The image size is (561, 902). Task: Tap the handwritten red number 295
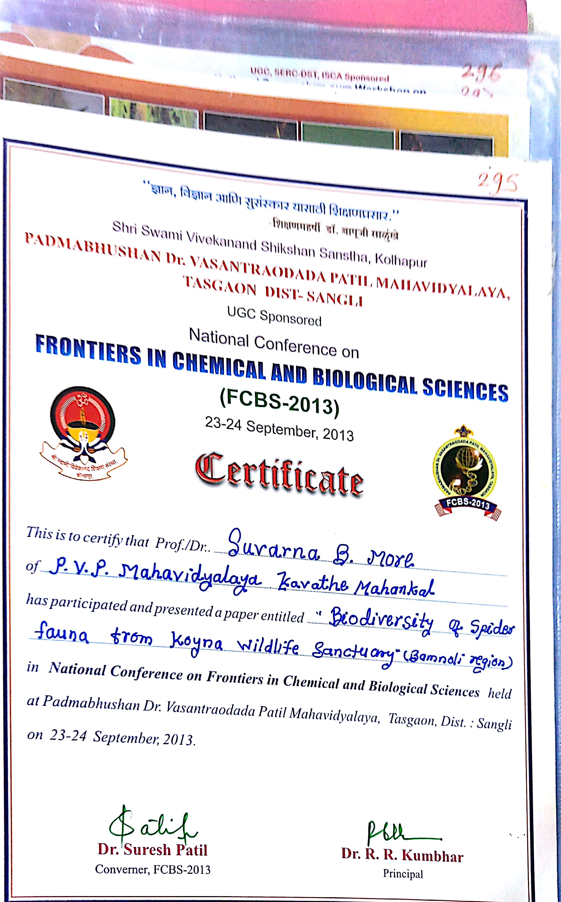tap(497, 182)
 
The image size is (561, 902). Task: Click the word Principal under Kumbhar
tap(403, 874)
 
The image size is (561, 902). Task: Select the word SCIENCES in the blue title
tap(465, 390)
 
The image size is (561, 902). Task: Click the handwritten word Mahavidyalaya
tap(189, 578)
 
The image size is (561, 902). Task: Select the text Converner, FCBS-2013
tap(153, 869)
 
